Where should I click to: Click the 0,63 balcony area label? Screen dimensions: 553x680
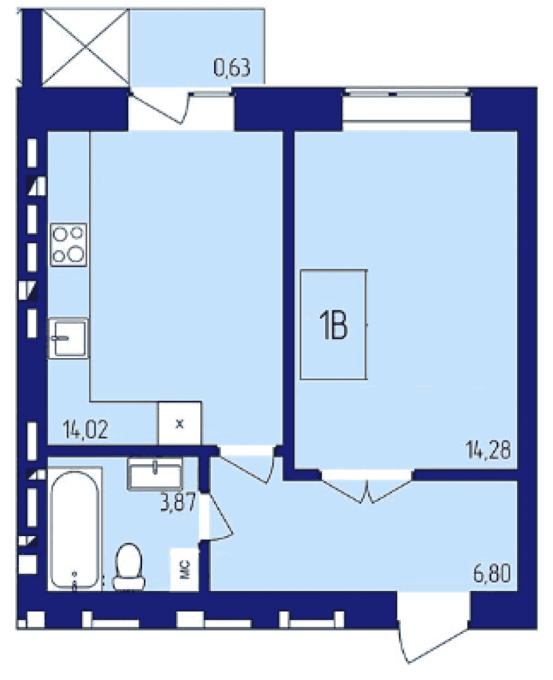232,68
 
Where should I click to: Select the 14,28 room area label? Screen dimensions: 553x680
488,450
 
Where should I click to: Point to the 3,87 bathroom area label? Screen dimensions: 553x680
178,502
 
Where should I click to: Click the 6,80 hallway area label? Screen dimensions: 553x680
492,573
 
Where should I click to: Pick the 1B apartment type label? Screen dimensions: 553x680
333,326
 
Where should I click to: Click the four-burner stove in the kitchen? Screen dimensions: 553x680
69,245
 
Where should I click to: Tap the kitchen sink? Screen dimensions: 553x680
68,339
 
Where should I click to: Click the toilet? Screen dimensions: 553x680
129,567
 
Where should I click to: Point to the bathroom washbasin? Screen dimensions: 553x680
155,474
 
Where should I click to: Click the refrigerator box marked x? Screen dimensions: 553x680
180,423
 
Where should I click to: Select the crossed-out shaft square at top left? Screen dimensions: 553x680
86,48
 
